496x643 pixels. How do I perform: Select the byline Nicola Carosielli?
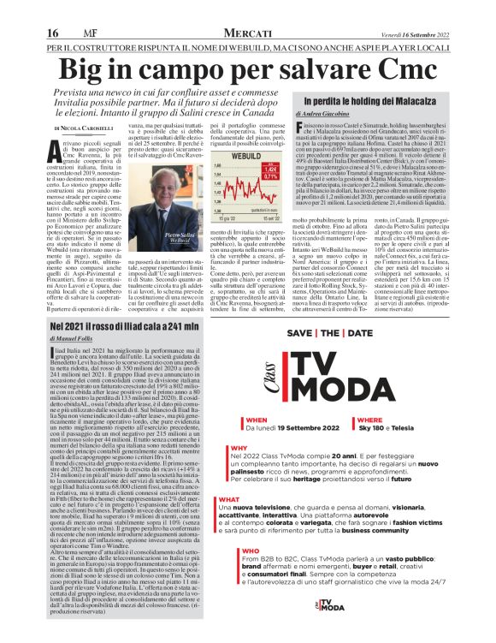tap(77, 128)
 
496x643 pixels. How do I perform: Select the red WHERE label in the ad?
tap(369, 420)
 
